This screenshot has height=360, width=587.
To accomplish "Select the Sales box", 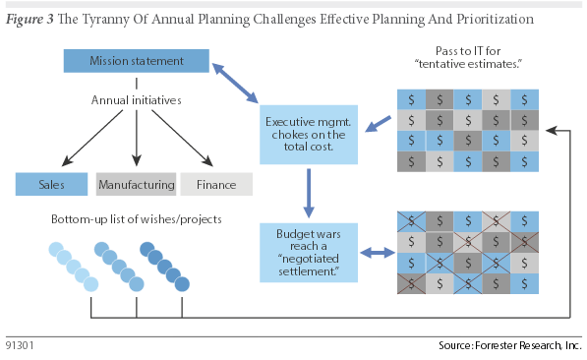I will point(52,183).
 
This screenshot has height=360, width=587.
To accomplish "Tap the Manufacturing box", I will point(136,183).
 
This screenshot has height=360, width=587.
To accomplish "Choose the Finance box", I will point(216,183).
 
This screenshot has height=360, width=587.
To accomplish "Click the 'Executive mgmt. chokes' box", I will point(307,134).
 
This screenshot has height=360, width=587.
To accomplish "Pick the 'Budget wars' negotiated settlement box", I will point(307,252).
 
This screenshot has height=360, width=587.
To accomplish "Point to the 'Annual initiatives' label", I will point(136,100).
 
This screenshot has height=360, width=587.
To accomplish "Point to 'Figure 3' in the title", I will point(32,19).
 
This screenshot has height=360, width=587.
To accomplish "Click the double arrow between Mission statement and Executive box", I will point(238,83).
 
